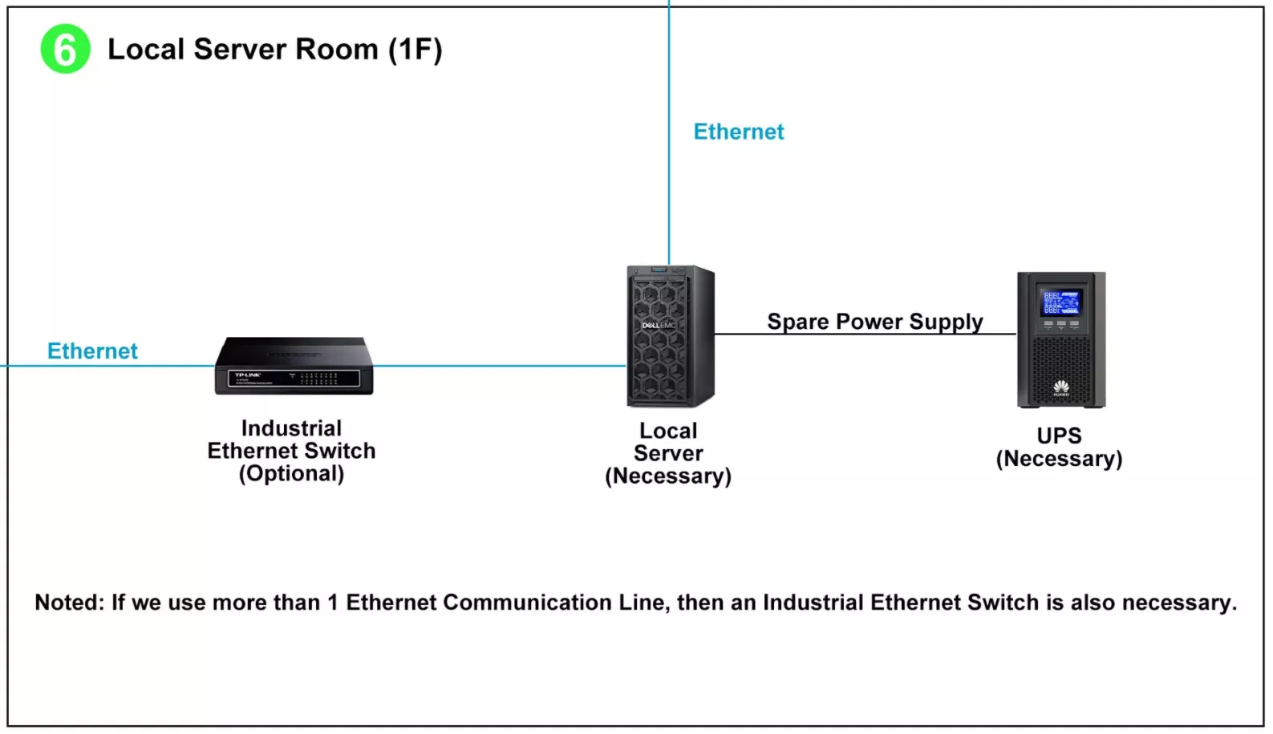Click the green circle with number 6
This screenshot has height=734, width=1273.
point(65,49)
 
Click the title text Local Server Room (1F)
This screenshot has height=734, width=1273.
point(274,50)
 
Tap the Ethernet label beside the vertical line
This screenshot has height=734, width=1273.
point(738,132)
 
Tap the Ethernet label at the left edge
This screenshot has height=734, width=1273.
point(92,351)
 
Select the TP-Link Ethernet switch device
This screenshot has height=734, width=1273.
point(294,366)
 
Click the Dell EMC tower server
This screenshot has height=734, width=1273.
point(670,336)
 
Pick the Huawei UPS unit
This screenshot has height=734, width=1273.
point(1060,339)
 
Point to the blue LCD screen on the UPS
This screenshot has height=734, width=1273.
point(1060,302)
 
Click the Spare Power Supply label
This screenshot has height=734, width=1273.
point(874,322)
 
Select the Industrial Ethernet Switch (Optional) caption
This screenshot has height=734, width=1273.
point(291,451)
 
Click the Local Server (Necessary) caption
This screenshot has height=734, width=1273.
point(668,454)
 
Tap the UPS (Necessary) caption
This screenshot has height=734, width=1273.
point(1059,448)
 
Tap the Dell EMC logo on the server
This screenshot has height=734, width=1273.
point(659,326)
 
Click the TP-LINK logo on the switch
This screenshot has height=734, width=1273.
point(247,375)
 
